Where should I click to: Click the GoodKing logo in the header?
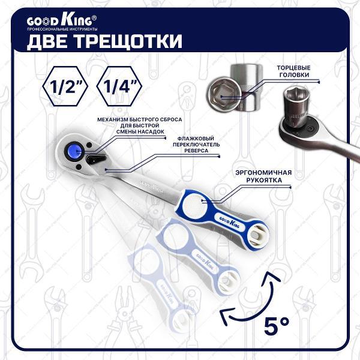(59, 21)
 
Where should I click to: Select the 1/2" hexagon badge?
(65, 86)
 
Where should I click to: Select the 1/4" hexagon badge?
(119, 86)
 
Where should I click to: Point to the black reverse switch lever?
(97, 159)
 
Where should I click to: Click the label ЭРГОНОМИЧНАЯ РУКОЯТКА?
(264, 176)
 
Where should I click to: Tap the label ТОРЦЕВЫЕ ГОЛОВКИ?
(293, 71)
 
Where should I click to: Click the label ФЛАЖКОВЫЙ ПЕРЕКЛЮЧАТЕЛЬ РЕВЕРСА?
(196, 145)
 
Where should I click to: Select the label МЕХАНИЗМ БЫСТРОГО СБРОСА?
(140, 119)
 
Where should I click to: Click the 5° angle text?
(277, 325)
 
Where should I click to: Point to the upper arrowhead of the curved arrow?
(271, 277)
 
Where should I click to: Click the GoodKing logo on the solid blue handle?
(230, 222)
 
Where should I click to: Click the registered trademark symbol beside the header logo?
(94, 18)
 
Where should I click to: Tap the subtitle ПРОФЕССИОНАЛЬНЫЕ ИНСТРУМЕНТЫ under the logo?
(62, 29)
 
